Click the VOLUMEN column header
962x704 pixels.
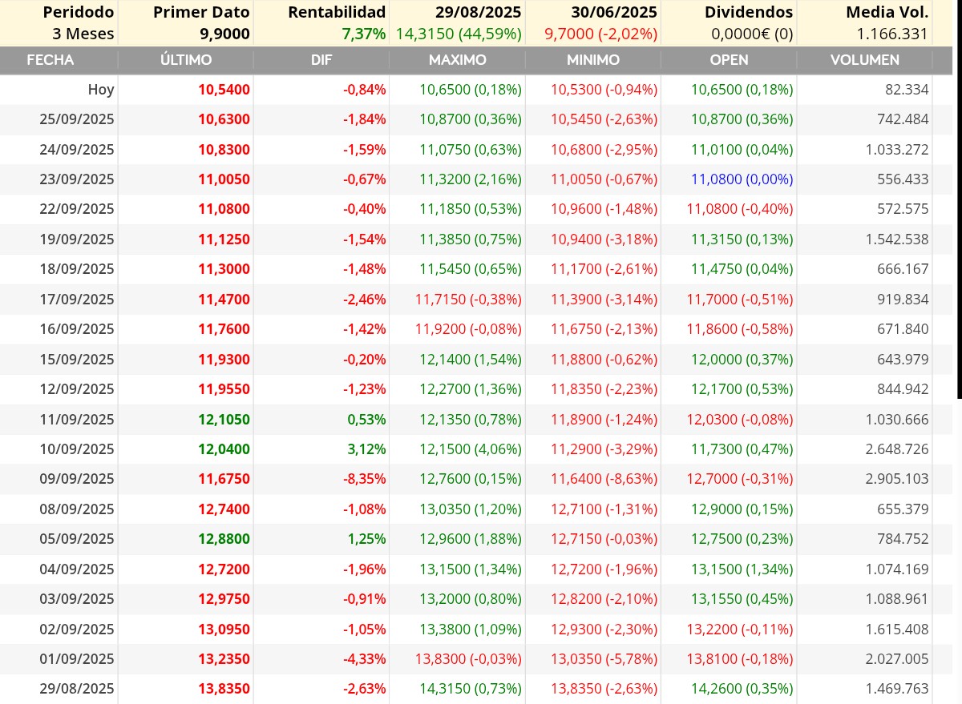click(x=864, y=59)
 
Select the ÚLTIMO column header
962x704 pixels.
click(x=186, y=59)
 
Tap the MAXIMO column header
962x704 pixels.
click(x=458, y=59)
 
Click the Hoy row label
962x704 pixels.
click(x=101, y=89)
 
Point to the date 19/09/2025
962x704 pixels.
click(x=77, y=239)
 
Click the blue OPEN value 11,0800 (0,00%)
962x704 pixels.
click(x=742, y=179)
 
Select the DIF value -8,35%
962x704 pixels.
click(x=364, y=478)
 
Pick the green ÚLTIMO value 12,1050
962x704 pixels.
click(x=224, y=419)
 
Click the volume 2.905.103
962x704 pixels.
click(x=897, y=478)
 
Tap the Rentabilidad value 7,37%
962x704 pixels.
click(x=364, y=34)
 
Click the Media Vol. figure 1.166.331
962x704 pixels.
click(x=892, y=34)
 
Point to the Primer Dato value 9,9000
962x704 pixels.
click(x=224, y=34)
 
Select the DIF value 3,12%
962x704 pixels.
click(x=366, y=449)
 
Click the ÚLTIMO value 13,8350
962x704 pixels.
click(x=224, y=688)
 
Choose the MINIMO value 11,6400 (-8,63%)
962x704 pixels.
click(x=604, y=478)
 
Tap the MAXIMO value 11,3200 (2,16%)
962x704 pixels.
click(x=471, y=179)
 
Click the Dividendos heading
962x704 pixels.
click(x=749, y=12)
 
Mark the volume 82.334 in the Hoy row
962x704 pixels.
click(x=907, y=89)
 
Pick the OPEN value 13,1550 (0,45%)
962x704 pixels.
click(x=742, y=598)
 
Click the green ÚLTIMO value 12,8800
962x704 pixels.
click(x=224, y=538)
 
